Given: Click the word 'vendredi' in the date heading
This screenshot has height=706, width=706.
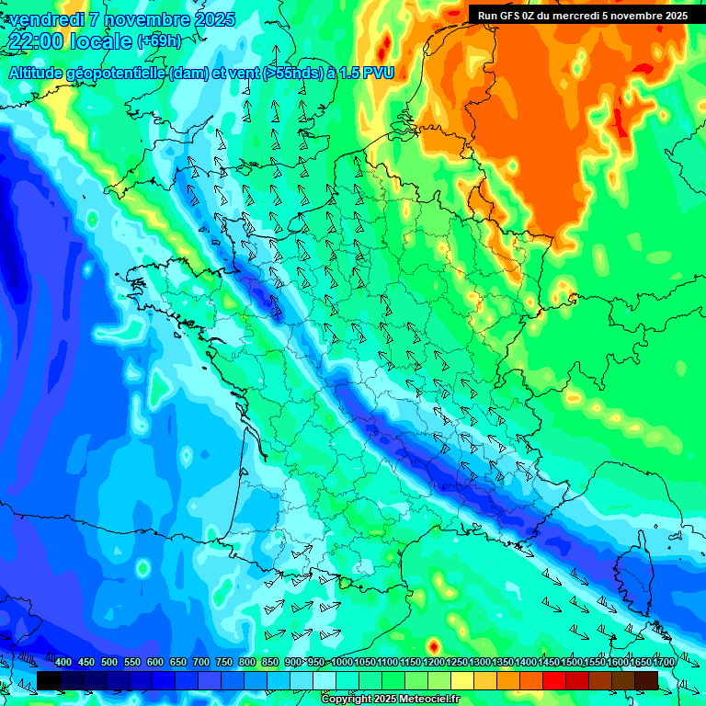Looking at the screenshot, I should pyautogui.click(x=45, y=19).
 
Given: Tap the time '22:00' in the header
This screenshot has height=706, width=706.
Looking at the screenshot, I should pyautogui.click(x=37, y=41).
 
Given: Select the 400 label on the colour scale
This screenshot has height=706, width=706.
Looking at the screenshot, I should pyautogui.click(x=63, y=663).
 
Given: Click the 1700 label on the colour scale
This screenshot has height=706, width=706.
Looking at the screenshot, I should pyautogui.click(x=664, y=663).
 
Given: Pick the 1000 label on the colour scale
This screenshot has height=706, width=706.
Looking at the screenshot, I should pyautogui.click(x=342, y=663).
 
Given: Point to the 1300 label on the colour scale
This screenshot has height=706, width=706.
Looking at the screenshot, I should pyautogui.click(x=480, y=663).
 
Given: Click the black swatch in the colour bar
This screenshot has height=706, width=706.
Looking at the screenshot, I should pyautogui.click(x=49, y=680).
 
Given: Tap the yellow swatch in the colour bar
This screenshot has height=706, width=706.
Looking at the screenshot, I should pyautogui.click(x=462, y=680).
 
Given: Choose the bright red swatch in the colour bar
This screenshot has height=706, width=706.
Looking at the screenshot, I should pyautogui.click(x=554, y=680).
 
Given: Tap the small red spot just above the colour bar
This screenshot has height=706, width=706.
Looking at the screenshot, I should pyautogui.click(x=433, y=646).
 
